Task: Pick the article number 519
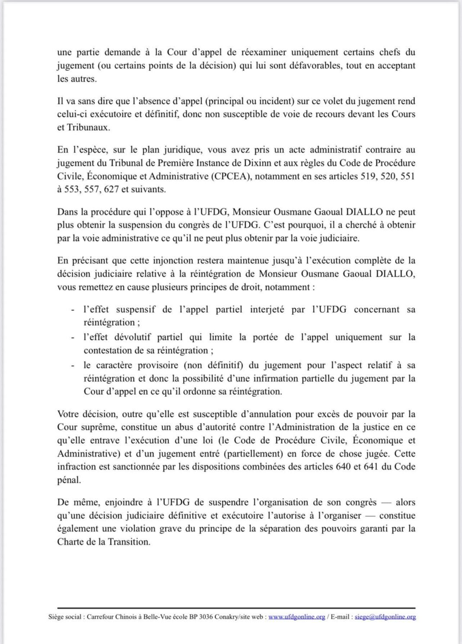pos(369,176)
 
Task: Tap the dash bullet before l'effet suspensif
pos(72,310)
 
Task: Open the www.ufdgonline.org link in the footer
pos(297,617)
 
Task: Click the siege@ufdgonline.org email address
pos(385,617)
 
